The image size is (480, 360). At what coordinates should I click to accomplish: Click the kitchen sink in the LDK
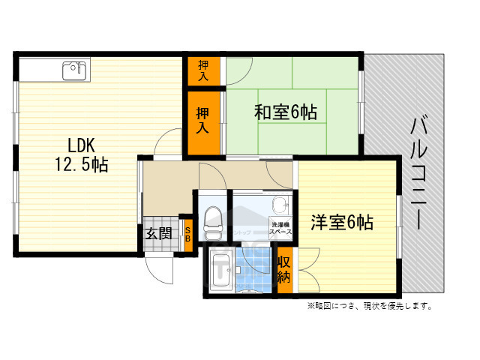point(74,71)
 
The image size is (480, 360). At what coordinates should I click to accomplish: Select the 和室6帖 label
point(285,112)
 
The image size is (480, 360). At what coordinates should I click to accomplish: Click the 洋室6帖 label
point(342,223)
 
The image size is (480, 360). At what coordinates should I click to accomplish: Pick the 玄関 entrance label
point(158,233)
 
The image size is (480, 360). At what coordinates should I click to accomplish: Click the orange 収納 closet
point(284,269)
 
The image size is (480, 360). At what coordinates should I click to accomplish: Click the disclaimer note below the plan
point(368,306)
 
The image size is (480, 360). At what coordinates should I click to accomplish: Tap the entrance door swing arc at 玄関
point(160,266)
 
